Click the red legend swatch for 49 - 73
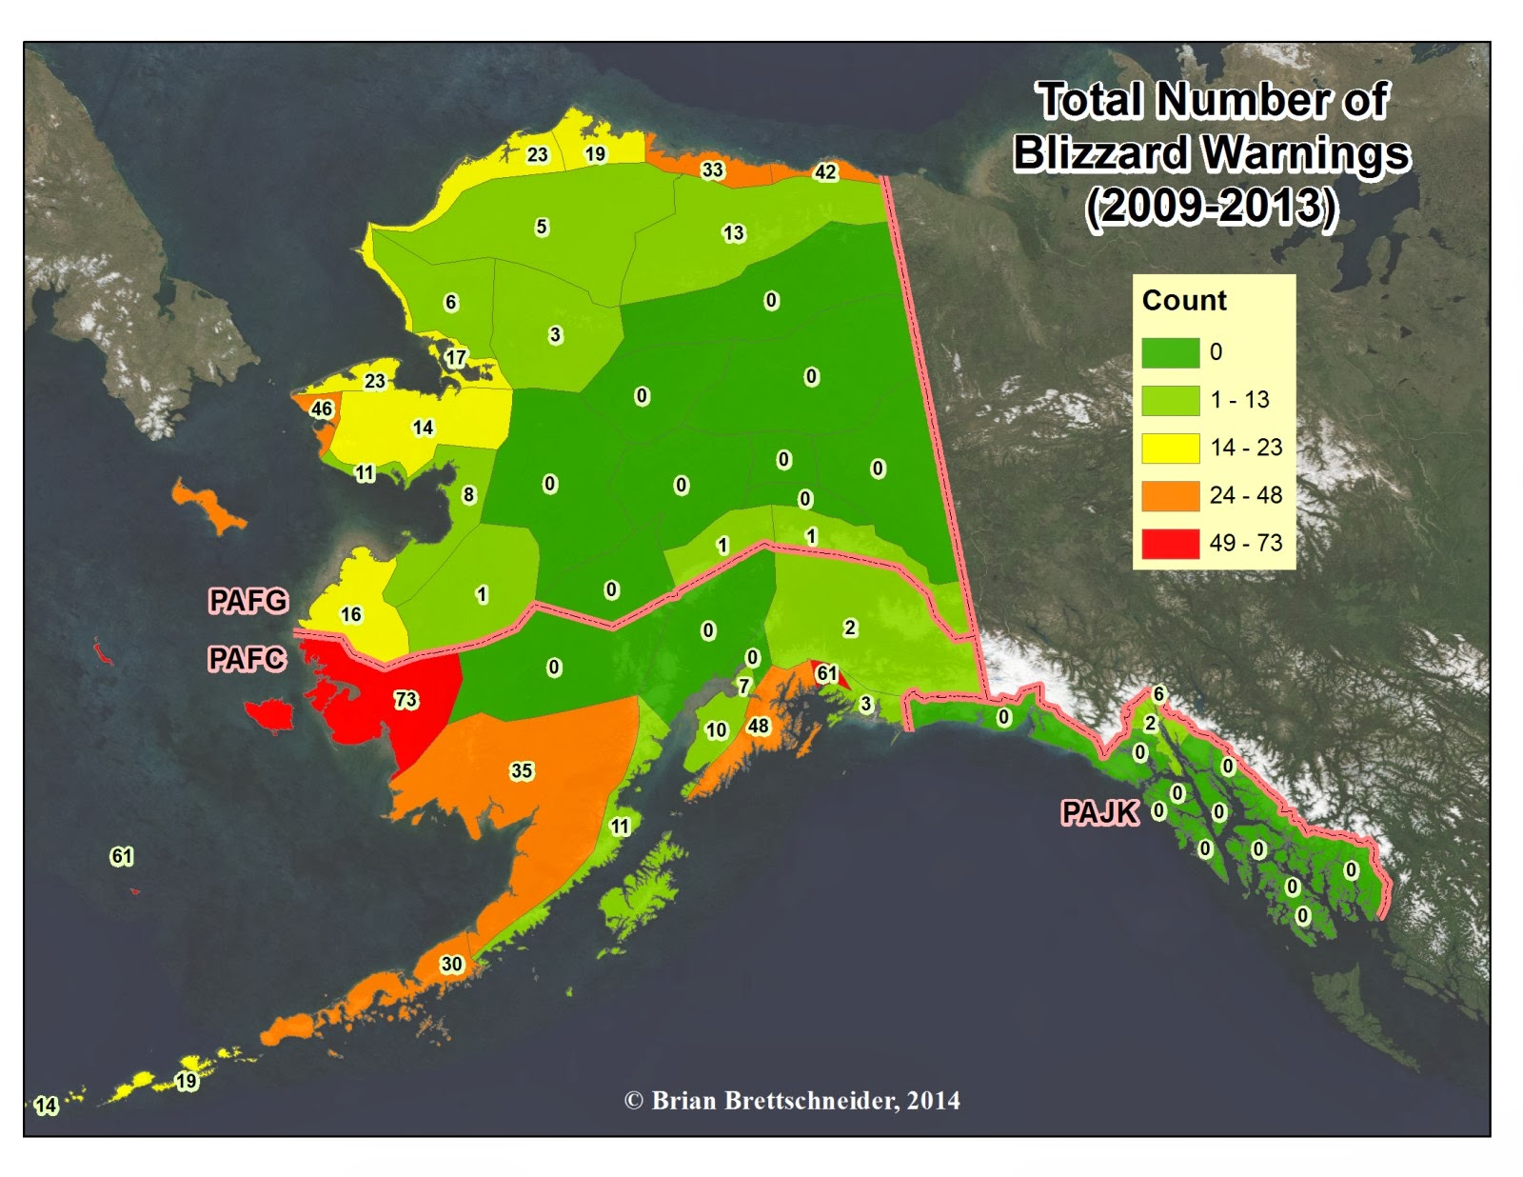click(1170, 543)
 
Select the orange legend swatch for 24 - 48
click(1170, 495)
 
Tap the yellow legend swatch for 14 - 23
click(1170, 448)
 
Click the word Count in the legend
click(1184, 300)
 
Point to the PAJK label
click(1099, 812)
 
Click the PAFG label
click(247, 600)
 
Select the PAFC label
click(247, 658)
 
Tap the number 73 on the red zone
click(405, 700)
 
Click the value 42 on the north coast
click(825, 171)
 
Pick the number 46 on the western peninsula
click(322, 409)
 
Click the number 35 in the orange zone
click(522, 770)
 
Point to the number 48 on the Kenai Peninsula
click(758, 726)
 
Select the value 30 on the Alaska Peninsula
click(451, 964)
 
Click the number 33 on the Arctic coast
click(712, 170)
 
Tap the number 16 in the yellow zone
click(351, 614)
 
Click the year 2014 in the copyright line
click(933, 1101)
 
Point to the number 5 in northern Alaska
click(542, 227)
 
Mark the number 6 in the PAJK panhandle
click(1158, 693)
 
